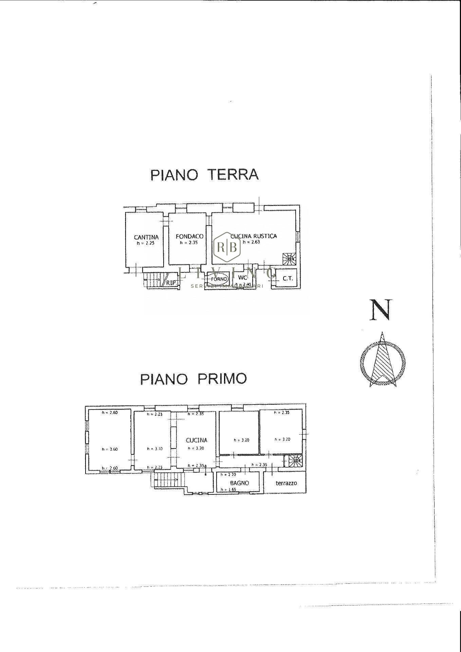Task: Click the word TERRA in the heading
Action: (x=233, y=175)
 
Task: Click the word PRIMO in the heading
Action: (x=222, y=379)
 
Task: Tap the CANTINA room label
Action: (x=146, y=237)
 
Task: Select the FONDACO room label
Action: (x=189, y=236)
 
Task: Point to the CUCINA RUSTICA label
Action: (x=254, y=236)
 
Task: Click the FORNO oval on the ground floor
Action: (x=218, y=279)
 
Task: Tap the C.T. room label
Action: (x=288, y=278)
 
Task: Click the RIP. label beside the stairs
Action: (x=171, y=282)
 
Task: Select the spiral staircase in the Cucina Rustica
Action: (x=290, y=259)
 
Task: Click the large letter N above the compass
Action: (x=381, y=310)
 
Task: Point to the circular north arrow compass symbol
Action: (x=383, y=362)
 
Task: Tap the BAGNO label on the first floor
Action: (x=239, y=483)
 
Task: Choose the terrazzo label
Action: (x=286, y=483)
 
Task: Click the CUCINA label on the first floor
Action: (x=196, y=440)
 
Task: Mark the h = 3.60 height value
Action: (x=110, y=449)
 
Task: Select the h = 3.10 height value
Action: (x=154, y=449)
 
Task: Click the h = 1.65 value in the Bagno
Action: (x=228, y=489)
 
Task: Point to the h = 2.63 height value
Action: (x=251, y=242)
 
